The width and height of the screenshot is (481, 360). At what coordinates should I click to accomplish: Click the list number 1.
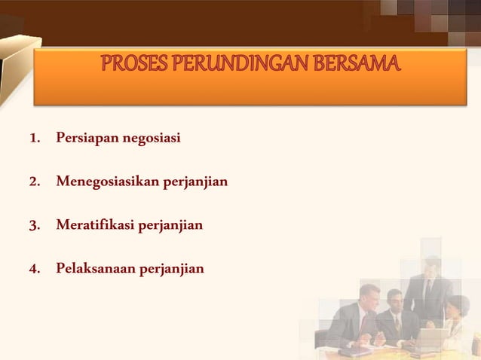click(34, 139)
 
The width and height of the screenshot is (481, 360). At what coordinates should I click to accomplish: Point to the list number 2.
click(34, 182)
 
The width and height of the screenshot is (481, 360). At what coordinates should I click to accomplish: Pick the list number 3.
click(34, 224)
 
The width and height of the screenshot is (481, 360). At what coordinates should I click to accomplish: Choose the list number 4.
click(34, 267)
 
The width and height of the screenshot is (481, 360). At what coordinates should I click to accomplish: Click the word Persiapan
click(81, 139)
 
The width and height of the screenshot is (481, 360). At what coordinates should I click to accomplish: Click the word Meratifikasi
click(92, 224)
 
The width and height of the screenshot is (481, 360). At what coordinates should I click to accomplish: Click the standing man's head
click(431, 267)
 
